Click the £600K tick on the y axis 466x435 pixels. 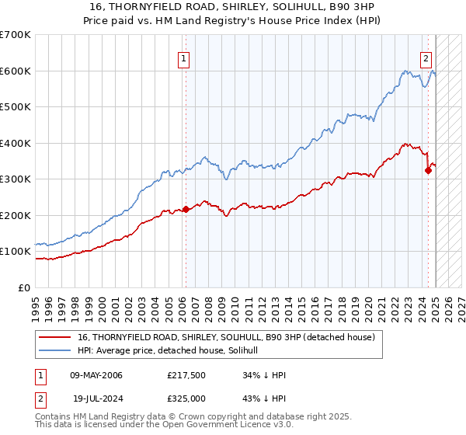[16, 71]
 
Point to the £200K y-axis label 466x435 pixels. [16, 215]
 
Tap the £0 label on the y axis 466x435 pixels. [25, 287]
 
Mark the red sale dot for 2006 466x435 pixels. [186, 209]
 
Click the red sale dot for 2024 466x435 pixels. [428, 170]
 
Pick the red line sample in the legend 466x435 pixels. [56, 337]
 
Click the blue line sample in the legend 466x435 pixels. [56, 350]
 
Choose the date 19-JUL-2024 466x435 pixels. [96, 398]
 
